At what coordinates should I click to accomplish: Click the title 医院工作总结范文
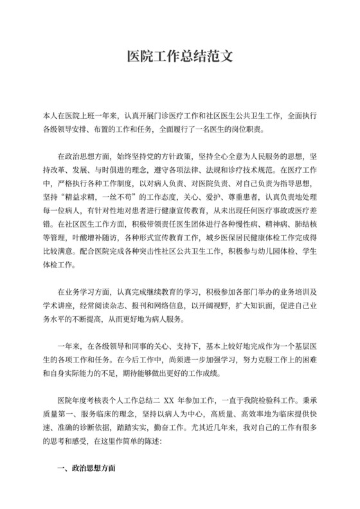pyautogui.click(x=179, y=57)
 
